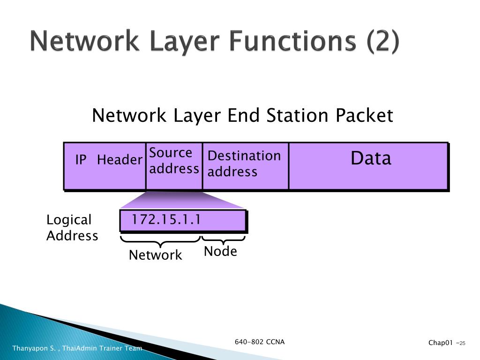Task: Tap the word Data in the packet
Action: (x=371, y=158)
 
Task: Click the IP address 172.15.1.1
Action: (x=166, y=219)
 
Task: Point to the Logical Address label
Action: (x=72, y=227)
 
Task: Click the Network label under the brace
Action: (x=155, y=255)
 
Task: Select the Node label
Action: (x=220, y=252)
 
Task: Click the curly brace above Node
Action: (x=224, y=240)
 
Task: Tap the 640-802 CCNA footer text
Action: (x=260, y=342)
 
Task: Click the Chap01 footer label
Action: (x=441, y=343)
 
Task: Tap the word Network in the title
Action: (x=84, y=42)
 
